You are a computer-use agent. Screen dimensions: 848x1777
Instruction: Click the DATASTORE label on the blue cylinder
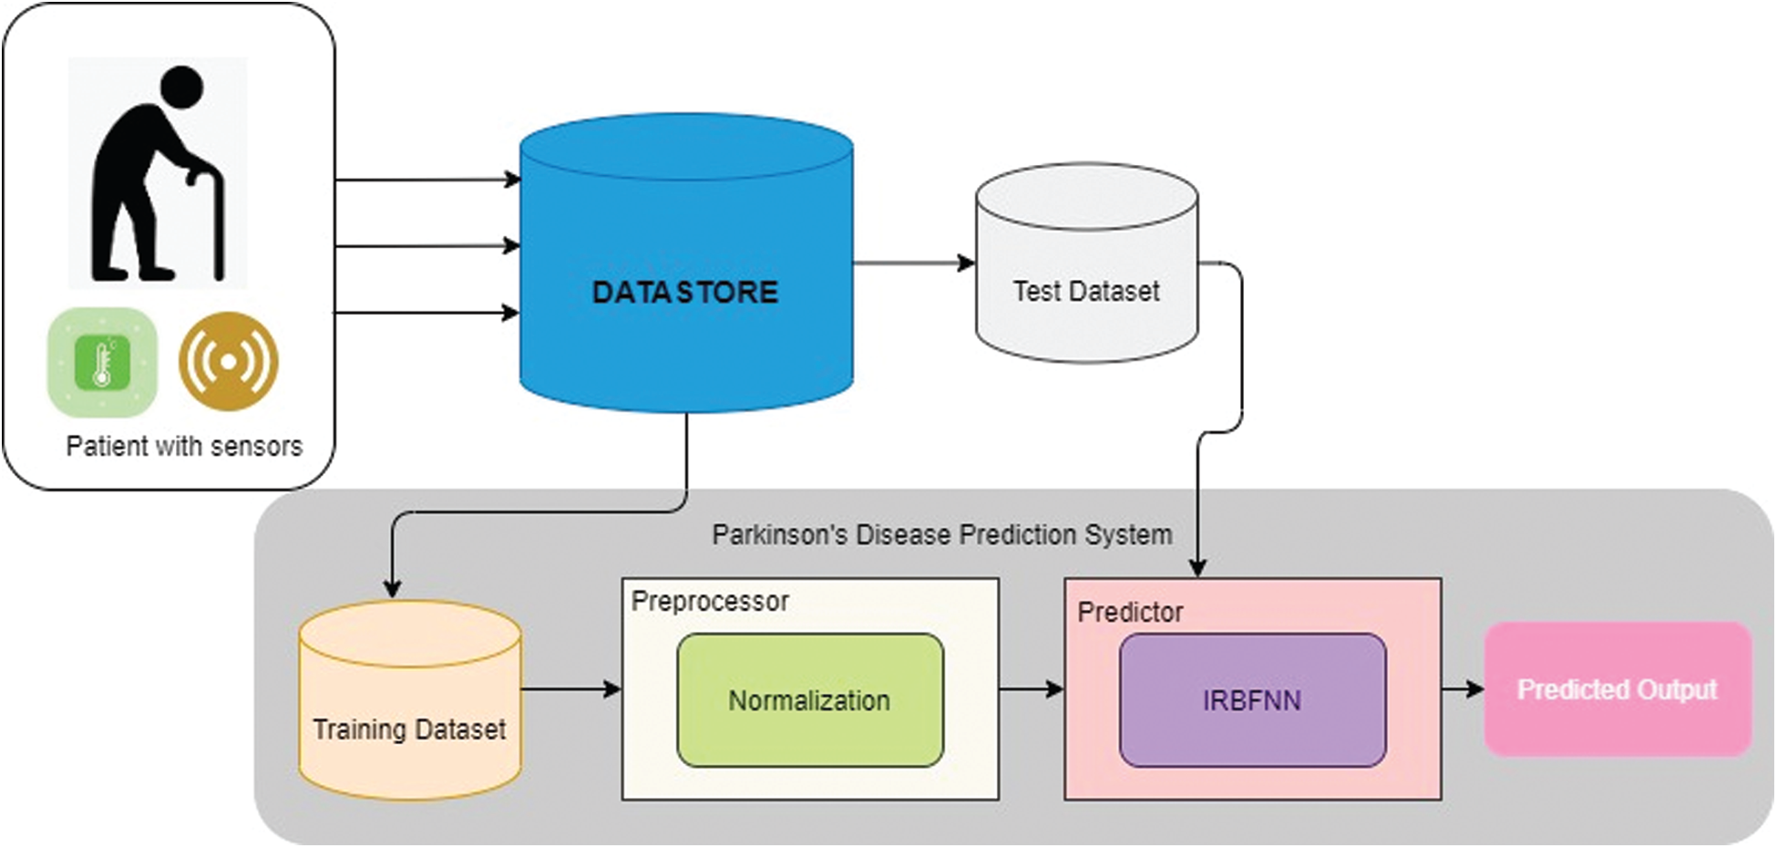click(685, 292)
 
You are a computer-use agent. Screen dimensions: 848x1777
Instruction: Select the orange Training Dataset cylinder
click(410, 711)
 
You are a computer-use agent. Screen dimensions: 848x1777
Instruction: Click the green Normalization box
click(809, 700)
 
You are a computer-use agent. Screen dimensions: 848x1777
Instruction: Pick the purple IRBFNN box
click(1252, 700)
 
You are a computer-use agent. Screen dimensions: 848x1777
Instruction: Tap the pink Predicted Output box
click(1617, 689)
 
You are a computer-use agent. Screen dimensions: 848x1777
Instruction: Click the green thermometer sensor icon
click(102, 362)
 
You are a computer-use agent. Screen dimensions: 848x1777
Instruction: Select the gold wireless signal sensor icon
click(229, 361)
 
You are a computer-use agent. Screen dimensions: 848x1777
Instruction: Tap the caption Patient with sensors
click(184, 446)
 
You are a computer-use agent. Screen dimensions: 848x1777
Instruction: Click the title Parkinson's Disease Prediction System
click(941, 534)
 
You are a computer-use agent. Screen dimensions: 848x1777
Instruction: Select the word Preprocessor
click(710, 601)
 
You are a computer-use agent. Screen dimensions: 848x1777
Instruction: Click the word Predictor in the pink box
click(1130, 612)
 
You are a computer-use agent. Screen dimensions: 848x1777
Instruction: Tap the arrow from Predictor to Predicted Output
click(1463, 689)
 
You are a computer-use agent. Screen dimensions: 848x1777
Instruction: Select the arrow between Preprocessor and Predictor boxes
click(1032, 689)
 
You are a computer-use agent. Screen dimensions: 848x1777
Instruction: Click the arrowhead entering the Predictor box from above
click(1198, 567)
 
